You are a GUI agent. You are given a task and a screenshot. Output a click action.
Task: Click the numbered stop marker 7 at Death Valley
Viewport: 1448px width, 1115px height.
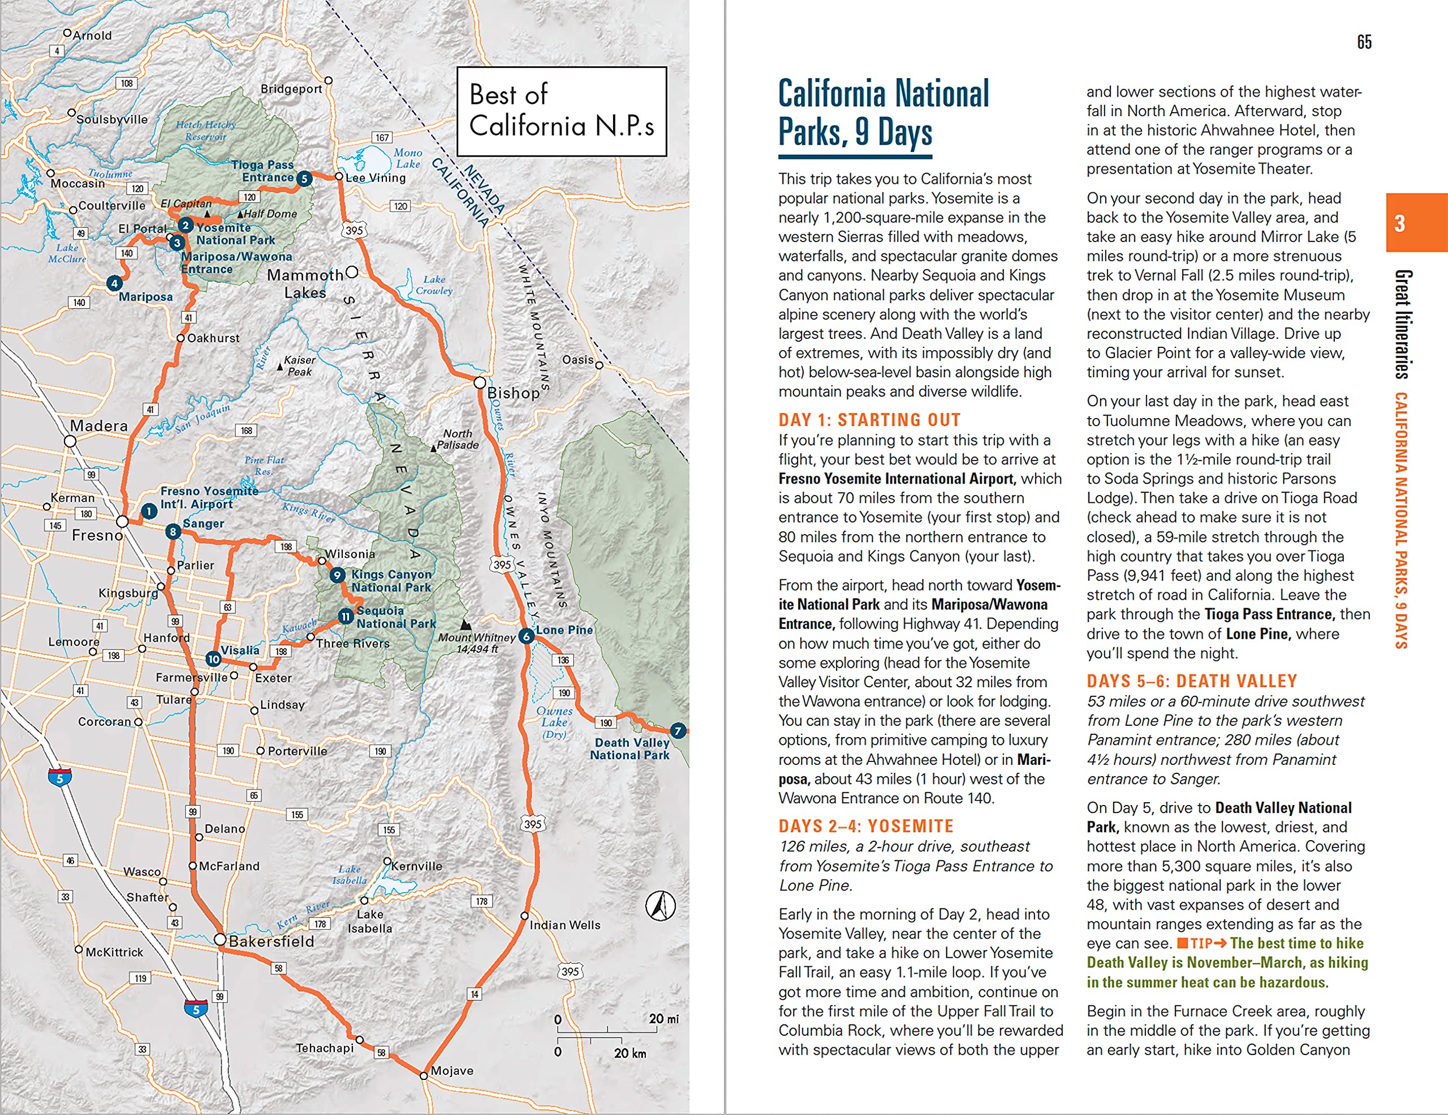(678, 730)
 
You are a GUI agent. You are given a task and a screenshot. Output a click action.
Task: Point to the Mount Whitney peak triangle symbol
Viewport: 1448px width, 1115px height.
(466, 625)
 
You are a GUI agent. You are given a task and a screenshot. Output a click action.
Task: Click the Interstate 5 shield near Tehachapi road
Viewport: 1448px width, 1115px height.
(196, 1010)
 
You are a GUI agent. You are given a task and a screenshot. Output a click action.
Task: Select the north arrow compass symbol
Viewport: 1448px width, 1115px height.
(660, 906)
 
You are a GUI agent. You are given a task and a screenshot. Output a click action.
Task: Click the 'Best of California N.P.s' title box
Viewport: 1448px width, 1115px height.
(562, 111)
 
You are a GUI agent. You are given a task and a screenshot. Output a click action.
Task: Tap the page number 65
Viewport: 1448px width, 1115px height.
(1364, 42)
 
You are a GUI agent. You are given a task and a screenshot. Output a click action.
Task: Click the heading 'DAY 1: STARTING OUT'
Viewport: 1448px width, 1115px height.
(869, 420)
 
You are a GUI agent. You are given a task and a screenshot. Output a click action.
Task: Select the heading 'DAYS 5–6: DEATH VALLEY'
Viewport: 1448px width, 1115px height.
(1191, 681)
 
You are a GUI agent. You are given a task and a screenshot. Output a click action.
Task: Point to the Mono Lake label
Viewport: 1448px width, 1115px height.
(408, 158)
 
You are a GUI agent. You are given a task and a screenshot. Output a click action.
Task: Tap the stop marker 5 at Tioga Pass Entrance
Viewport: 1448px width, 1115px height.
(304, 178)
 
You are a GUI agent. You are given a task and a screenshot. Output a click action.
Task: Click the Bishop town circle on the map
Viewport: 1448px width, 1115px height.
(479, 382)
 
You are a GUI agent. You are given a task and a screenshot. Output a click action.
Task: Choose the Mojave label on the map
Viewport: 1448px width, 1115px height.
(452, 1070)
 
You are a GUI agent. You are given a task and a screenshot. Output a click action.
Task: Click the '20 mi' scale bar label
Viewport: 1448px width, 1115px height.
(663, 1018)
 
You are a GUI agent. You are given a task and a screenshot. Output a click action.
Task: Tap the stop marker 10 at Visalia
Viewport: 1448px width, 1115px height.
(213, 659)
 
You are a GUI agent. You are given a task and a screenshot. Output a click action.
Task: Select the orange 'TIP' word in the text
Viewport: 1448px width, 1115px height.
(1201, 943)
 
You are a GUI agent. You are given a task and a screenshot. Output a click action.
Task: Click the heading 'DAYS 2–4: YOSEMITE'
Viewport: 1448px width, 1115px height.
(866, 826)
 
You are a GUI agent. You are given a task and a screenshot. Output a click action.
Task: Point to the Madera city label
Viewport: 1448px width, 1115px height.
(99, 426)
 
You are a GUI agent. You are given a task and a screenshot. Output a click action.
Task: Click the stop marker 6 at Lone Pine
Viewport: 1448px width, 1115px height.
(527, 636)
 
